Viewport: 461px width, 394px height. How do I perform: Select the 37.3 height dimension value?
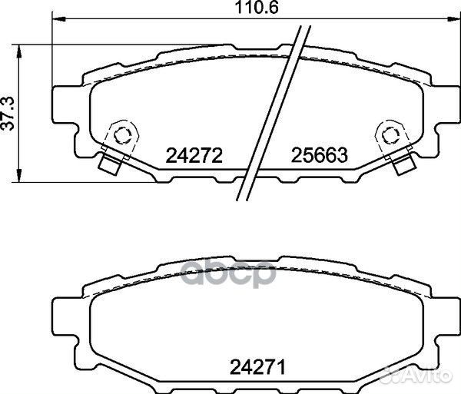pyautogui.click(x=8, y=114)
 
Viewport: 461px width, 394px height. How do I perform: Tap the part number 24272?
pyautogui.click(x=194, y=156)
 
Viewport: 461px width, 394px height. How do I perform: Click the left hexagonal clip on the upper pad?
pyautogui.click(x=121, y=134)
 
